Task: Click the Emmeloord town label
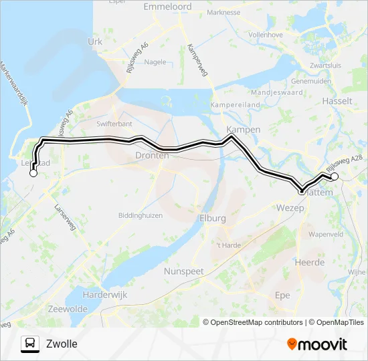(x=167, y=7)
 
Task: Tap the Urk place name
(x=94, y=41)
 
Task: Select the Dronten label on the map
(x=152, y=155)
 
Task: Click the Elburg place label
(x=213, y=219)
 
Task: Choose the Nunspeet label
(x=184, y=271)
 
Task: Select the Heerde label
(x=310, y=263)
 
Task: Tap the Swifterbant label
(x=114, y=124)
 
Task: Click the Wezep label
(x=290, y=209)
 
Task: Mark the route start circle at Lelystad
(x=33, y=173)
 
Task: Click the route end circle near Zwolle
(x=335, y=177)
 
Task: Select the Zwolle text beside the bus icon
(x=62, y=344)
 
